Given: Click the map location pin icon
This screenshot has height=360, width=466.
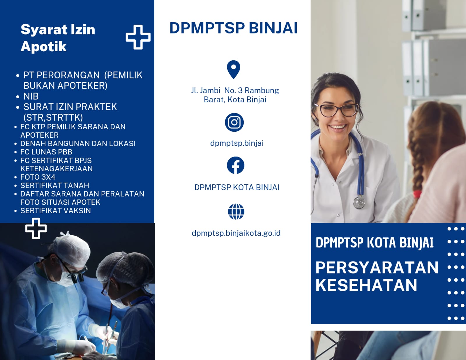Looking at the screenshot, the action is pos(234,70).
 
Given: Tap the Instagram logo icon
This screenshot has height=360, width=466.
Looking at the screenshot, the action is pos(234,122).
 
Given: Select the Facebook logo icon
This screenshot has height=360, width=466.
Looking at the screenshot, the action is pos(235,165).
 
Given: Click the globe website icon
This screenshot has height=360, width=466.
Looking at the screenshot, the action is pos(236,212).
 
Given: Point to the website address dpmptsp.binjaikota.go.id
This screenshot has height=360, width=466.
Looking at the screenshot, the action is pos(236,233).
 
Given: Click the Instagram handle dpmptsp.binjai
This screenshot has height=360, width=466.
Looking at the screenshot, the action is pos(237,143).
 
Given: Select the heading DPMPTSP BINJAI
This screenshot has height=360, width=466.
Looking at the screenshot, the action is pos(233,28).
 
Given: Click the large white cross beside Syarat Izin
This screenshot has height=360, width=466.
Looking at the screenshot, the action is pos(138,37).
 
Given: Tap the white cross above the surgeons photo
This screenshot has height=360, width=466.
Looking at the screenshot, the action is pos(36,228).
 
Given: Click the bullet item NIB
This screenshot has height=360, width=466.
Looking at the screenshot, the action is pos(31,96).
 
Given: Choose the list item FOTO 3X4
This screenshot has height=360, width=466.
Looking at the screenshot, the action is pos(38,177).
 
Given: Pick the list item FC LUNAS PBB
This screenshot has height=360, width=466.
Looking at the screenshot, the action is pos(46,152).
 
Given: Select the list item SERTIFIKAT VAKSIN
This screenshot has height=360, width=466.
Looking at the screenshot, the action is pos(56,211).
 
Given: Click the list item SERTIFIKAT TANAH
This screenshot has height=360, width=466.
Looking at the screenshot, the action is pos(54,186).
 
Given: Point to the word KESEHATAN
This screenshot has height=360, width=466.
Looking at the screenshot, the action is pos(366,285).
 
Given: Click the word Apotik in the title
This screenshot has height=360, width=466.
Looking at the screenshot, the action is pos(43,46).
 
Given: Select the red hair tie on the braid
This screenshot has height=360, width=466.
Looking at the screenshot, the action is pos(417,194).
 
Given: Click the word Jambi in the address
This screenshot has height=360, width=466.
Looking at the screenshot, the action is pos(210,91).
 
